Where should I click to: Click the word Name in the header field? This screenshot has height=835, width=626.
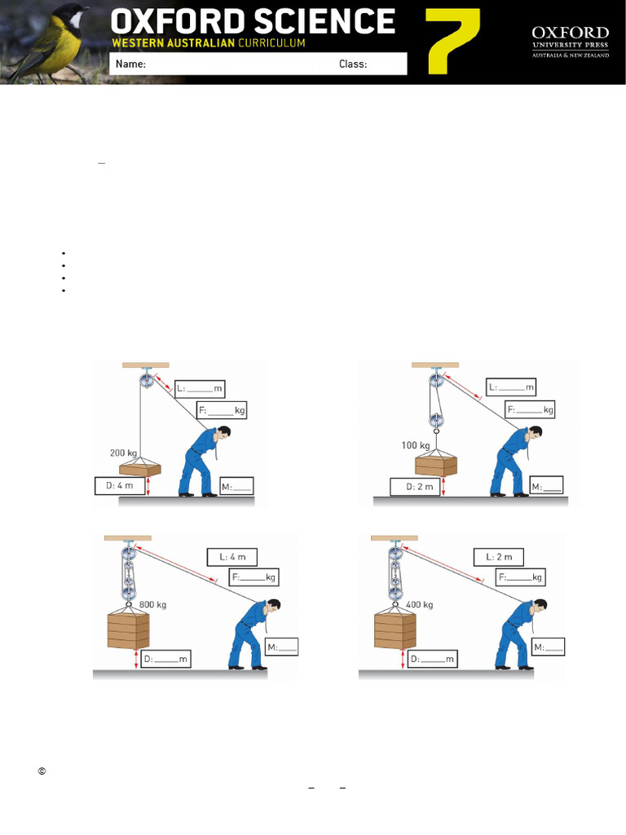pyautogui.click(x=130, y=64)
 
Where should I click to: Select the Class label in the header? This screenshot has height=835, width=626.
pyautogui.click(x=353, y=64)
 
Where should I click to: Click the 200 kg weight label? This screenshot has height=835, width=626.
pyautogui.click(x=124, y=452)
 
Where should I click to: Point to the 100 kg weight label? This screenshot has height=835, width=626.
pyautogui.click(x=416, y=445)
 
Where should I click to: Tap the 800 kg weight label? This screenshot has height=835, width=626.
pyautogui.click(x=153, y=604)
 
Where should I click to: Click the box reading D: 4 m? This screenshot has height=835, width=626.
pyautogui.click(x=120, y=487)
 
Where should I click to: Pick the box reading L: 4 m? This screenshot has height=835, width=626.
pyautogui.click(x=231, y=558)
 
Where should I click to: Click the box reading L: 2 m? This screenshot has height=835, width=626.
pyautogui.click(x=498, y=557)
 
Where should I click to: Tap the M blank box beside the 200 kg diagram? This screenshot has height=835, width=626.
pyautogui.click(x=236, y=487)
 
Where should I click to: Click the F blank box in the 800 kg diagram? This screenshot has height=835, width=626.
pyautogui.click(x=254, y=577)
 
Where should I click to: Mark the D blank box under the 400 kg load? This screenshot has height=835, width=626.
pyautogui.click(x=433, y=658)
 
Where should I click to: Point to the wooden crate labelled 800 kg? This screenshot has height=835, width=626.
pyautogui.click(x=129, y=630)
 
